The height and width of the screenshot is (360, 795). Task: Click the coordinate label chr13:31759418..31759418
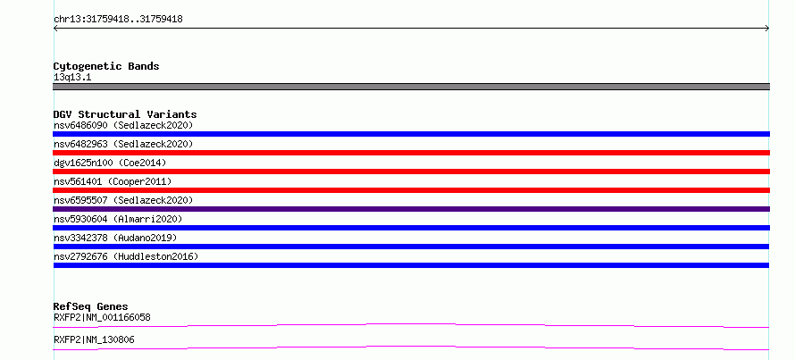118,20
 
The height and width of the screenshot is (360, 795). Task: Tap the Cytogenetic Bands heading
106,66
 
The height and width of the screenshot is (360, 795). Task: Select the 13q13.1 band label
72,78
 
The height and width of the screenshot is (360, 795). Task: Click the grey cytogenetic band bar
411,87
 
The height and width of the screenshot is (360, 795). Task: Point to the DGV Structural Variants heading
125,114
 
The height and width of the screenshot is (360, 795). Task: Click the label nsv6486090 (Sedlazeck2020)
123,125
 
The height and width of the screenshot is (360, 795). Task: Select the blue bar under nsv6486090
411,134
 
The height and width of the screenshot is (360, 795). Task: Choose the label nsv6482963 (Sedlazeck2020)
123,144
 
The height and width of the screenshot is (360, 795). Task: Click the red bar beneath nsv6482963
411,153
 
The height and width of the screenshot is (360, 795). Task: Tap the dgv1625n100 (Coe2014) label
110,163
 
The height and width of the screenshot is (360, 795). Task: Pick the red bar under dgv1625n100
411,172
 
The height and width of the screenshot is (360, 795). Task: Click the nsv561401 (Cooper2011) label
113,181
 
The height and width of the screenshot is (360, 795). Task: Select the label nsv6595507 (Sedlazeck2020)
123,200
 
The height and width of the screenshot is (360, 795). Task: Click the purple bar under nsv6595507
411,209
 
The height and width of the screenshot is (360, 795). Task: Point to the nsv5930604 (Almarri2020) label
118,219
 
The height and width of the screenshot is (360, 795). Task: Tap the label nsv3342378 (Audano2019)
115,238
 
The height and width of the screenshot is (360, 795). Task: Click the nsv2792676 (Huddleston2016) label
126,256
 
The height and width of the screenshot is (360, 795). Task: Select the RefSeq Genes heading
91,306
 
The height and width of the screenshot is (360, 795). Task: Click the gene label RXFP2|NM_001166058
102,317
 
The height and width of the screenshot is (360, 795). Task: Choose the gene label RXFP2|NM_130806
94,339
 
